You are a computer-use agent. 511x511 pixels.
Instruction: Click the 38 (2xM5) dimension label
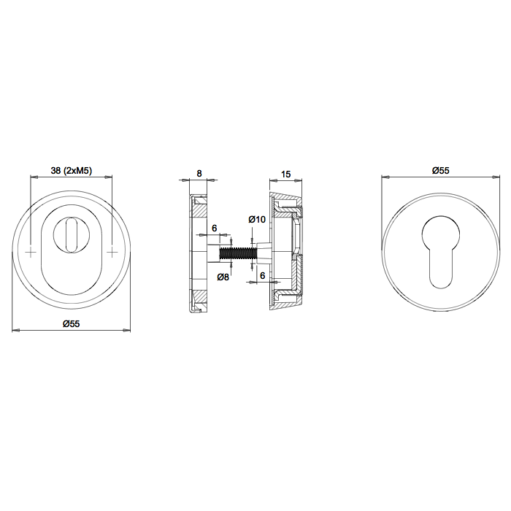[72, 170]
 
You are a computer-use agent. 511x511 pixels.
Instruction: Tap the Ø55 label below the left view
[72, 323]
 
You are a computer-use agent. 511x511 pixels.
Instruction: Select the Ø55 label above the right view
[441, 170]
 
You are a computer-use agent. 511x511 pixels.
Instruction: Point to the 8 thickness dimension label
[199, 173]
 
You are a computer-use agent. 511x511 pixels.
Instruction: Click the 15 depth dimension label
[285, 174]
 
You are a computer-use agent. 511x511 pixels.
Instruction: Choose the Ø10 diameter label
[257, 220]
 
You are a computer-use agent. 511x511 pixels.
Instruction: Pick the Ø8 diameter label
[223, 277]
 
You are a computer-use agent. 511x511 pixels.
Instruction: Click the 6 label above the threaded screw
[214, 228]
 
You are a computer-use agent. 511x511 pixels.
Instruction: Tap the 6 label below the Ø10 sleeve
[263, 276]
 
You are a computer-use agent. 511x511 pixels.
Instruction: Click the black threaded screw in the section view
[239, 253]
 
